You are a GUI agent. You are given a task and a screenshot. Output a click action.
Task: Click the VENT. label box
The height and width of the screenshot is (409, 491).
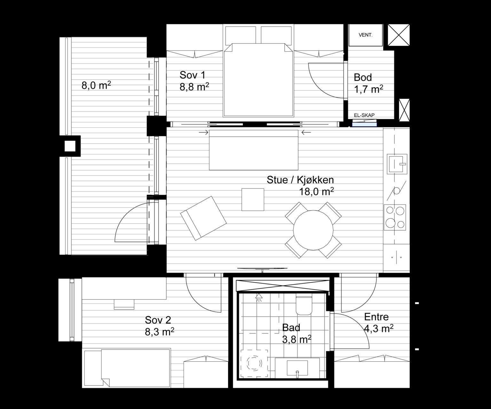coord(365,35)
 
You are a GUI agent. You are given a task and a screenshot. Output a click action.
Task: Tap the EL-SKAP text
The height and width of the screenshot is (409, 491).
coord(364,115)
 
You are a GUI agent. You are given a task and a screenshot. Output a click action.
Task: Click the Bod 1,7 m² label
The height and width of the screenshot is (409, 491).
coord(368,83)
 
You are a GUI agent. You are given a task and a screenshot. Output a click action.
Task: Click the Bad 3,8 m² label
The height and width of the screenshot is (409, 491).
coord(297,333)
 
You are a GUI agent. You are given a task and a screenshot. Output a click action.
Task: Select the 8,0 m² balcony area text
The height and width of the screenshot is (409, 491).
coord(96,85)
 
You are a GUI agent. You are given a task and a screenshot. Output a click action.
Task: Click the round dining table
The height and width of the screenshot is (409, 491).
coord(313,230)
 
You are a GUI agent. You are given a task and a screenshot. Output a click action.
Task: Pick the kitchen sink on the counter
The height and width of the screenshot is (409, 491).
coord(397,164)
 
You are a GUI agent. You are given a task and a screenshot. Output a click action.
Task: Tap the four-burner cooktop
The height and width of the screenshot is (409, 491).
coord(395,217)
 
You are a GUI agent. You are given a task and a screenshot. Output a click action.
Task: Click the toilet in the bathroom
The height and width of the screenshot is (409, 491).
coord(304,305)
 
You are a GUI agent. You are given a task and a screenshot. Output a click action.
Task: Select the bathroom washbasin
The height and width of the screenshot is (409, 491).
coord(297,368)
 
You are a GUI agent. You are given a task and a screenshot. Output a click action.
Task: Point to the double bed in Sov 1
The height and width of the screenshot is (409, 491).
coord(259,80)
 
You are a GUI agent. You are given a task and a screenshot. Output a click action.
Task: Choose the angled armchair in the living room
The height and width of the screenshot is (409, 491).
coord(203,218)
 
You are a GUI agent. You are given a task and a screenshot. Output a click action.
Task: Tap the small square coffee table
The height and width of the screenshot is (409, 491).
coord(253,199)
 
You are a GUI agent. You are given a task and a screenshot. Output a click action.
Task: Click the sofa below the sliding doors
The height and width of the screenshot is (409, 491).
coord(254,150)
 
